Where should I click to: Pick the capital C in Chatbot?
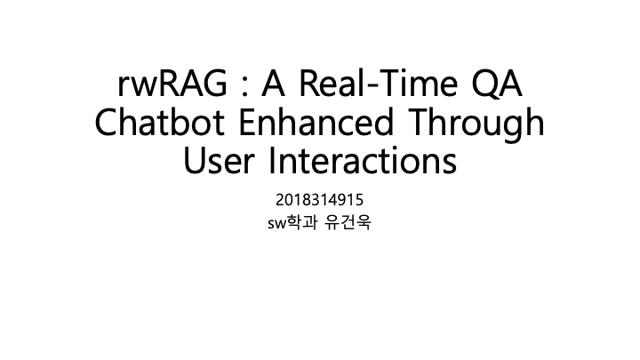click(106, 124)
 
